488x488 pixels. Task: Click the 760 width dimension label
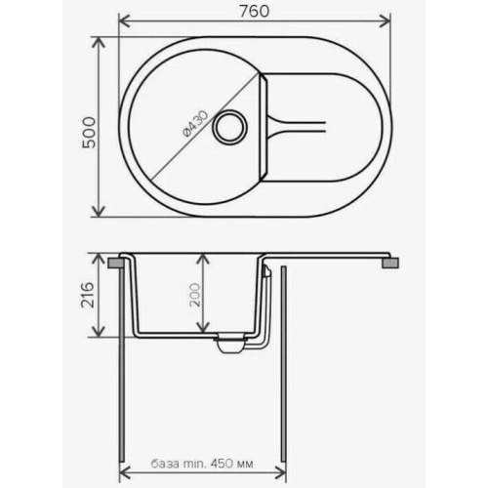255,12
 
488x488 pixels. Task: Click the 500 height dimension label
89,132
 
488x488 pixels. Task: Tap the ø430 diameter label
195,124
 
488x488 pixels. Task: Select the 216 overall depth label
88,295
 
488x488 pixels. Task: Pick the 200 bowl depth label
195,295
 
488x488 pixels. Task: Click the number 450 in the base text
222,463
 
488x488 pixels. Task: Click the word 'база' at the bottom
165,464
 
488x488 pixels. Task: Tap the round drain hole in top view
229,127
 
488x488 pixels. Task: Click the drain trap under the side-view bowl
230,345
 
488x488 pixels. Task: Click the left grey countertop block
115,263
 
